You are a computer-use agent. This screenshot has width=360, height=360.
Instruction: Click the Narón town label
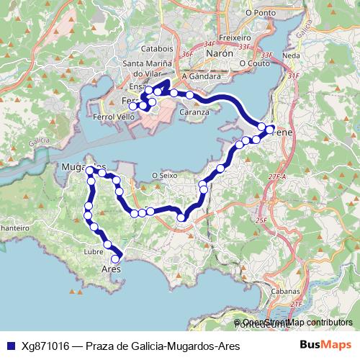[219, 54]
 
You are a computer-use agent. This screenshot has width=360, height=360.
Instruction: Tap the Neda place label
[292, 55]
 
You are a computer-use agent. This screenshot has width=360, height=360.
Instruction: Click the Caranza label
[194, 112]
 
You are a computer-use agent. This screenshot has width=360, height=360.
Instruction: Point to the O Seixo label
[165, 175]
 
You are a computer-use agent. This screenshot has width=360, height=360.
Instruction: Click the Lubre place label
[94, 252]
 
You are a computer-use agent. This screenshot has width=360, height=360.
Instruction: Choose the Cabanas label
[286, 291]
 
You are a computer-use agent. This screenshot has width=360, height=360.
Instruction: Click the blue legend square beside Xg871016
[9, 346]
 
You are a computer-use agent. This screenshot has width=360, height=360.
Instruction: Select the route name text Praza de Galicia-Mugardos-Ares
[162, 346]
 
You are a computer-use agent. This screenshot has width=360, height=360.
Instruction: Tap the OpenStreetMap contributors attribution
[293, 323]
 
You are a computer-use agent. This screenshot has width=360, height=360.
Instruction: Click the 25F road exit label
[261, 220]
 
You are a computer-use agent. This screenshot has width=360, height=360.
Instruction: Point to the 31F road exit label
[292, 75]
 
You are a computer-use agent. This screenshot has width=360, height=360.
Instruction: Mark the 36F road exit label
[188, 54]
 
